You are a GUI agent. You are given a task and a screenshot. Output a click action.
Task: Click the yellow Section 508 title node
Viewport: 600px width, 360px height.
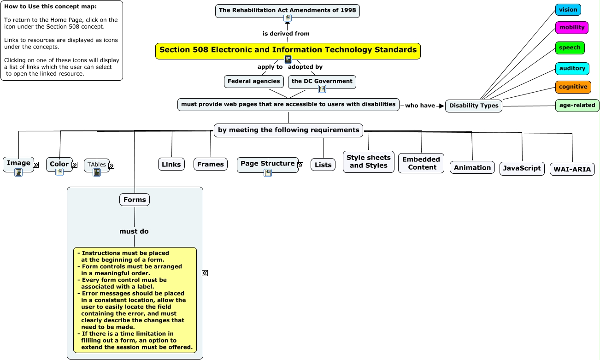coord(288,51)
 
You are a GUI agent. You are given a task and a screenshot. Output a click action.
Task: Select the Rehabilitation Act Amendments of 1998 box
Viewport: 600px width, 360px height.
coord(288,11)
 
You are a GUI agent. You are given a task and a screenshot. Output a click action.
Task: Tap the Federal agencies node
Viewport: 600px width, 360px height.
coord(253,82)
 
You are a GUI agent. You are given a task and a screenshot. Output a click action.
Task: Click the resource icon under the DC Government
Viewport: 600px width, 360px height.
coord(322,89)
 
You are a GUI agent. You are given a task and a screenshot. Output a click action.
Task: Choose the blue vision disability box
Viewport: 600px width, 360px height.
coord(568,10)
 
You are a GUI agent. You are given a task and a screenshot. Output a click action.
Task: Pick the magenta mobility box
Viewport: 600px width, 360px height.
coord(571,28)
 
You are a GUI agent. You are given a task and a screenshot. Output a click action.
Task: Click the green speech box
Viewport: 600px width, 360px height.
coord(570,48)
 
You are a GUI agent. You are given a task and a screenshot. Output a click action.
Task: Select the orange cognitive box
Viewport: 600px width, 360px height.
coord(573,87)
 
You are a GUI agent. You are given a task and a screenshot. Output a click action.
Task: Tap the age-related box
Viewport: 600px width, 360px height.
coord(577,106)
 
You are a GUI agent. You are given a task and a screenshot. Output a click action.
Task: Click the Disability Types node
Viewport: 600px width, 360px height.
coord(474,106)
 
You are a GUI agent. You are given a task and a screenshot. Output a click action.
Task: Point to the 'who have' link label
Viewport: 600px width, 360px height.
coord(420,106)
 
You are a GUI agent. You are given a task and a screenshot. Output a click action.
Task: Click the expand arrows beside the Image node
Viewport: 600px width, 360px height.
coord(36,165)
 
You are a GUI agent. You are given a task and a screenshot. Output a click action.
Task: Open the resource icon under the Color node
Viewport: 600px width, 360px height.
coord(59,172)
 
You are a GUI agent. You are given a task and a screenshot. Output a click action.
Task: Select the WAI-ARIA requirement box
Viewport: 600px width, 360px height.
coord(572,169)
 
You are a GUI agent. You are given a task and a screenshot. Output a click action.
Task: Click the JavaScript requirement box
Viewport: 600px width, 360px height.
coord(522,169)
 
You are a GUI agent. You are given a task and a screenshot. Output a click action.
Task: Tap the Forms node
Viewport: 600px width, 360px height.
coord(135,200)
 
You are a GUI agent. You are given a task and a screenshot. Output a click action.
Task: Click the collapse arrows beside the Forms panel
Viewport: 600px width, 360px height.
coord(205,273)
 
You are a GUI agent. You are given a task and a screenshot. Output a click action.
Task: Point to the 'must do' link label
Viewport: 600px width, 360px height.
coord(134,231)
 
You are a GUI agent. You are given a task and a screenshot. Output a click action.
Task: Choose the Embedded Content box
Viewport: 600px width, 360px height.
coord(421,163)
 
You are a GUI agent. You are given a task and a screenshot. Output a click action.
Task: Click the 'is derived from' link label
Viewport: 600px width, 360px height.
coord(286,34)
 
